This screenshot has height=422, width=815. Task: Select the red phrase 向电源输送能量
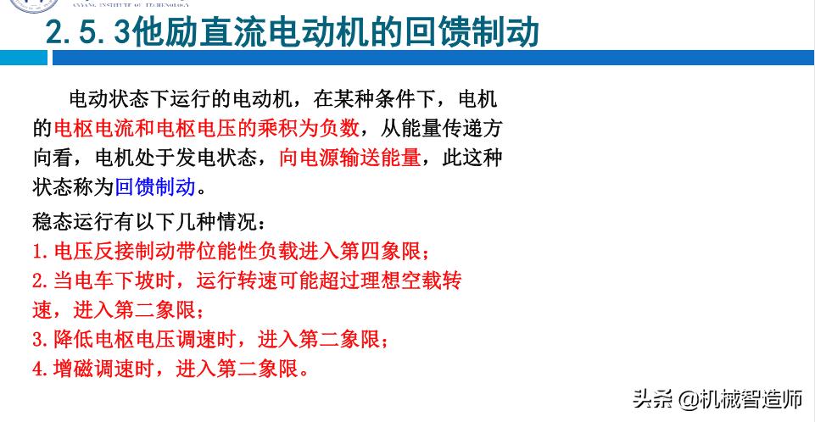(x=349, y=158)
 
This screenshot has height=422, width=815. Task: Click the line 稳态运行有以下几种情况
(x=149, y=222)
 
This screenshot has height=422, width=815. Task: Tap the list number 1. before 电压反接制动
(x=41, y=252)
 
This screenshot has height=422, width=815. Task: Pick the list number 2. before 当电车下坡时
(x=41, y=280)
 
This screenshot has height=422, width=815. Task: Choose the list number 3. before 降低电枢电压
(x=41, y=340)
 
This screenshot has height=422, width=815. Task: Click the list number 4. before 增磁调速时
(x=41, y=369)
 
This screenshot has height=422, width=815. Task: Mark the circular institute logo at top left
(x=21, y=7)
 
